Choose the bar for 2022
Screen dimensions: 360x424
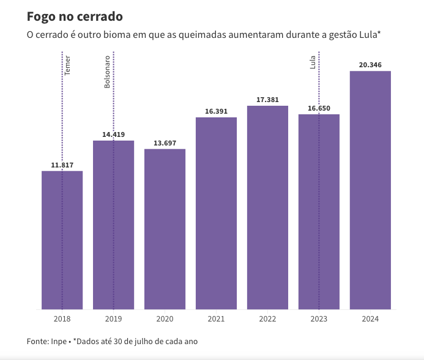click(267, 207)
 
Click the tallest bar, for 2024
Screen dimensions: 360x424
click(370, 190)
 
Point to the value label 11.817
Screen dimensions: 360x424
click(62, 165)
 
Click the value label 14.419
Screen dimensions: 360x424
click(113, 134)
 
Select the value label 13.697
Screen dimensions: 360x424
click(165, 143)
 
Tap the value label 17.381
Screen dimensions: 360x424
click(267, 100)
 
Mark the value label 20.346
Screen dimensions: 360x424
click(370, 65)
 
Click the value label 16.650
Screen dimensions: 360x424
click(319, 108)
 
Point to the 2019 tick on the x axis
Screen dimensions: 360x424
click(113, 319)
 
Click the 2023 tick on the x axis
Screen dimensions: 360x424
click(319, 319)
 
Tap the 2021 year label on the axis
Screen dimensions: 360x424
click(216, 319)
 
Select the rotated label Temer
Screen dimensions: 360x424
click(68, 65)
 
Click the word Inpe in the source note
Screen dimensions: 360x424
click(57, 341)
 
